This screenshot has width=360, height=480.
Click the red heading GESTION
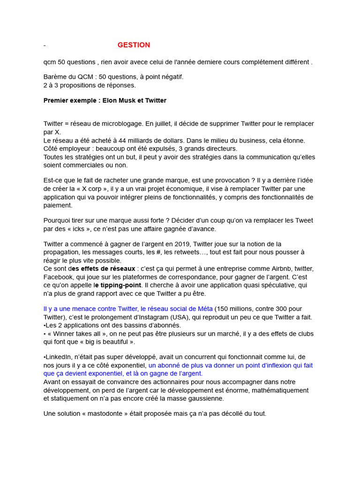(x=134, y=45)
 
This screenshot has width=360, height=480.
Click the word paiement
(x=58, y=205)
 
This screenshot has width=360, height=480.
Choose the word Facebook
(x=59, y=277)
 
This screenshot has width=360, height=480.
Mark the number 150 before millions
(x=223, y=308)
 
